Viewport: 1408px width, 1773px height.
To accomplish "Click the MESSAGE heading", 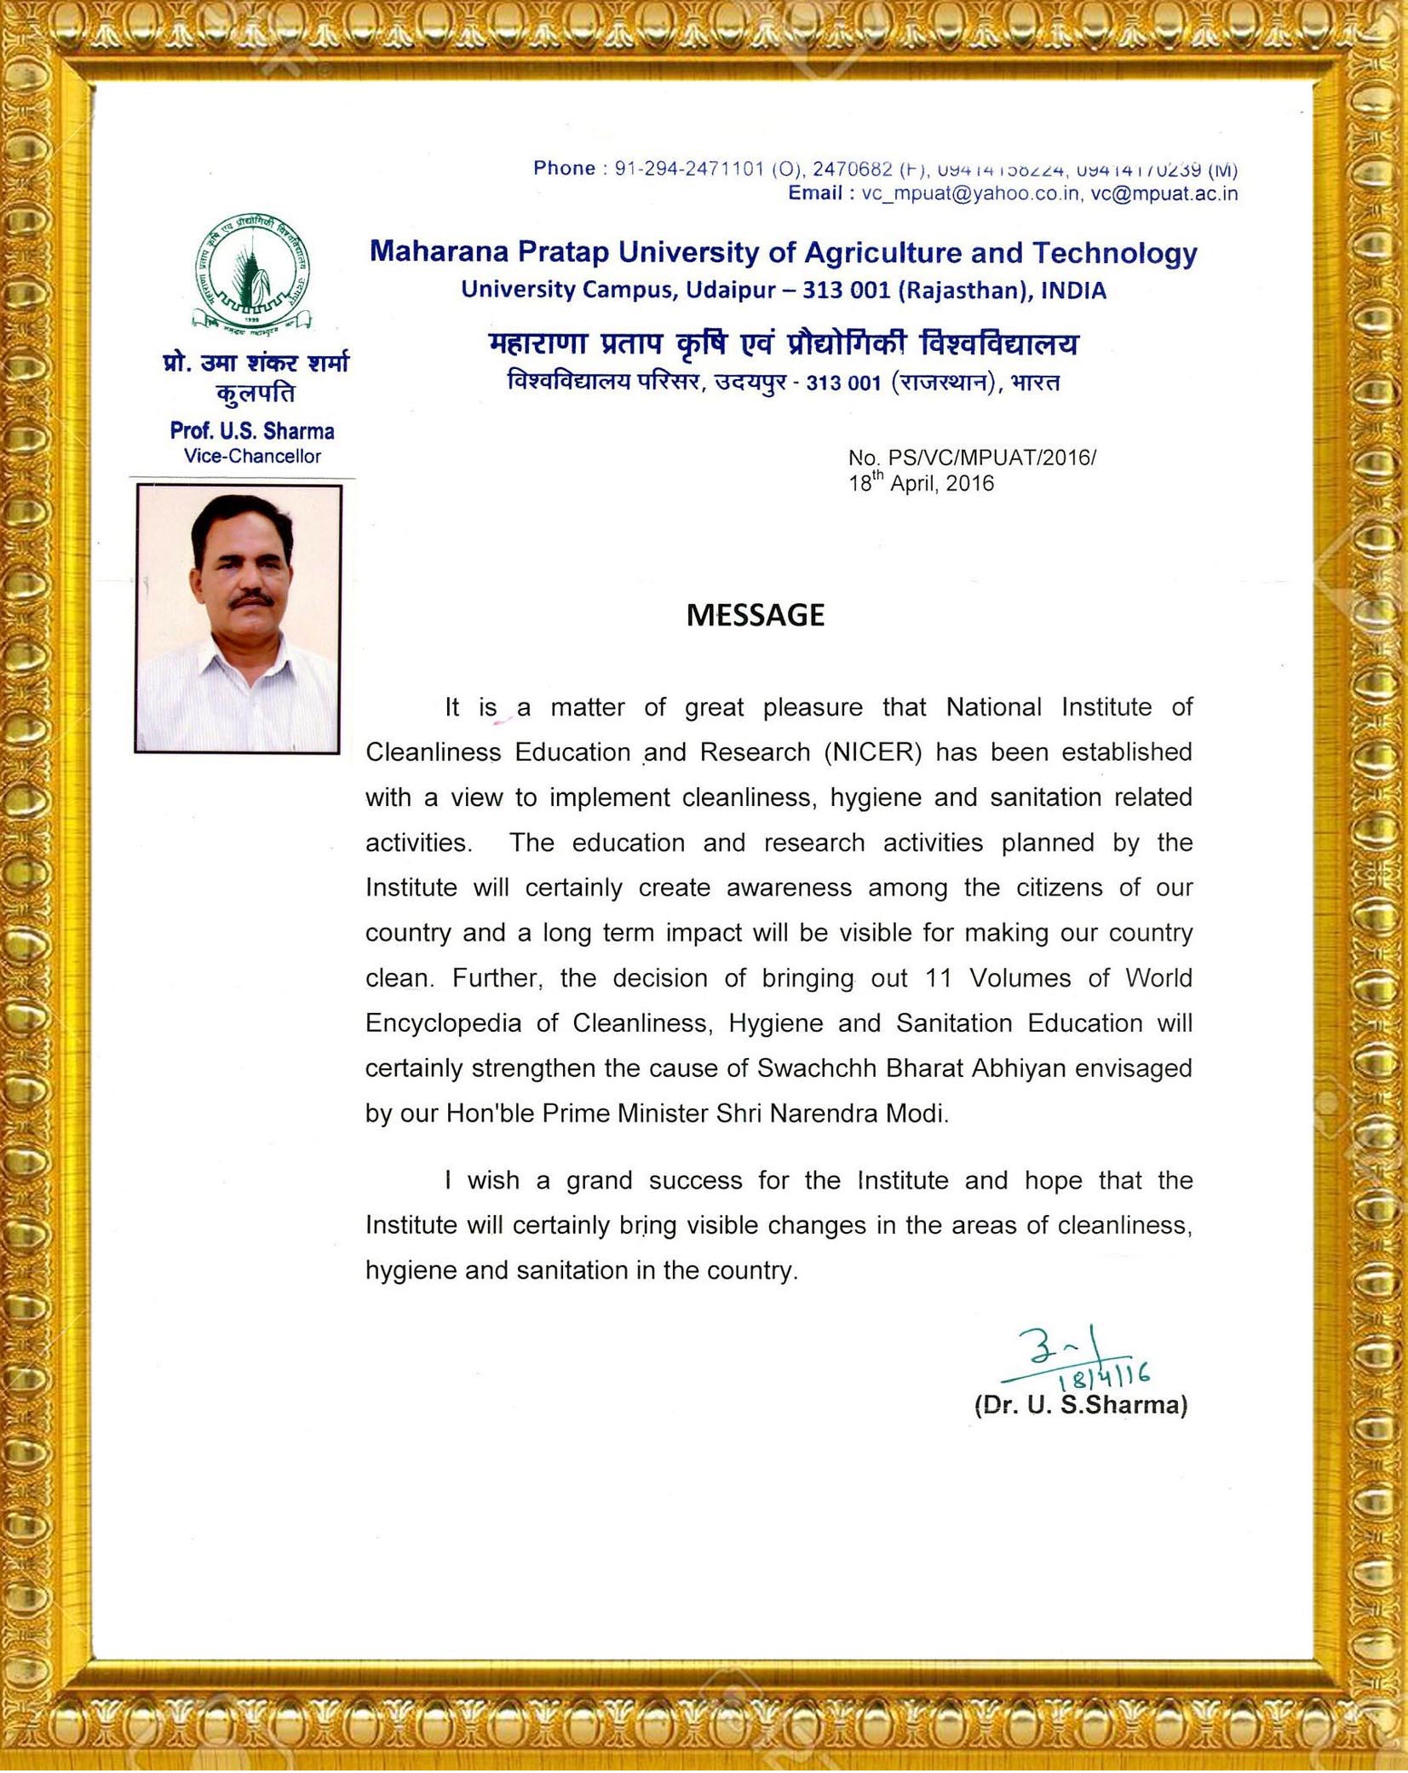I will pos(755,615).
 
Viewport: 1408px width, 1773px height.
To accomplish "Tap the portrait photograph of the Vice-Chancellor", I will pos(238,619).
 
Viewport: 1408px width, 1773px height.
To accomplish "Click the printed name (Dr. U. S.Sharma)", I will pos(1080,1405).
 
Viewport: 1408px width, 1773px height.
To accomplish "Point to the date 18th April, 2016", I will pos(921,484).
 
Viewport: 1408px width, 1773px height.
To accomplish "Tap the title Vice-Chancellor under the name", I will pos(252,456).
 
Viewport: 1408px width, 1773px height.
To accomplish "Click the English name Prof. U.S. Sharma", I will pos(252,431).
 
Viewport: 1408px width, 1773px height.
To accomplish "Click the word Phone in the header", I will pos(564,168).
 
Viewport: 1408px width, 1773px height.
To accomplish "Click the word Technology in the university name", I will pos(1115,252).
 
